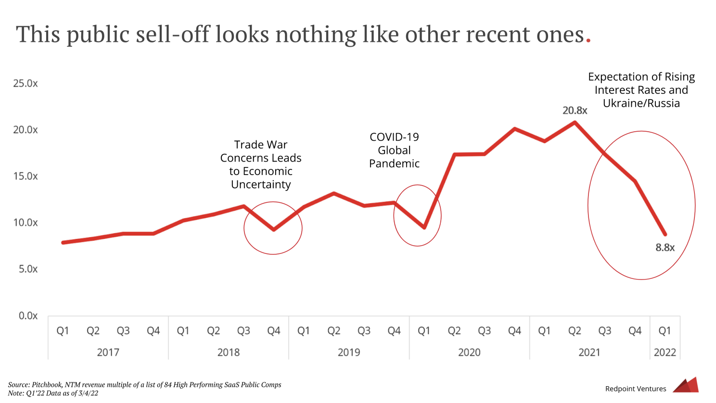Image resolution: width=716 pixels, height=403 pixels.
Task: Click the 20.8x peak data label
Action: click(575, 111)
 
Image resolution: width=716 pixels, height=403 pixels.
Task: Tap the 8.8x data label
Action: click(665, 248)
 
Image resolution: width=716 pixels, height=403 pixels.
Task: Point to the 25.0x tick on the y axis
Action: click(26, 83)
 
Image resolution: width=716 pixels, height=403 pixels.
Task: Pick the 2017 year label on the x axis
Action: click(108, 353)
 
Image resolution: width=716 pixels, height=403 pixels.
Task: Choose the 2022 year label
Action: click(665, 353)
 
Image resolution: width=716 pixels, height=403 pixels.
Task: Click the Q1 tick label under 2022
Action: click(665, 331)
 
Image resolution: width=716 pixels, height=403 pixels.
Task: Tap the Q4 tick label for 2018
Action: click(273, 331)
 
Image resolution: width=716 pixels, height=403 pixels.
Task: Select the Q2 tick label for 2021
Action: click(575, 331)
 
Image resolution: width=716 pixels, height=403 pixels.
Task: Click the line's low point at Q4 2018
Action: click(273, 229)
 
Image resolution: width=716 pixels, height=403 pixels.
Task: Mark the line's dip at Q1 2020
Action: click(424, 227)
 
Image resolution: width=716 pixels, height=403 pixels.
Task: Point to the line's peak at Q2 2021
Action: click(575, 122)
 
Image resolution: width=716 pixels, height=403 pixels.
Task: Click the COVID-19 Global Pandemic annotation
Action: click(394, 150)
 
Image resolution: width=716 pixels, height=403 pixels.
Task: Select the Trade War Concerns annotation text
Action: click(261, 164)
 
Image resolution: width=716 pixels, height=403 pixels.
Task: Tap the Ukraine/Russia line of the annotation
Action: click(641, 103)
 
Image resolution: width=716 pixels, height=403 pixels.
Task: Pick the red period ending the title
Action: click(588, 41)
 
